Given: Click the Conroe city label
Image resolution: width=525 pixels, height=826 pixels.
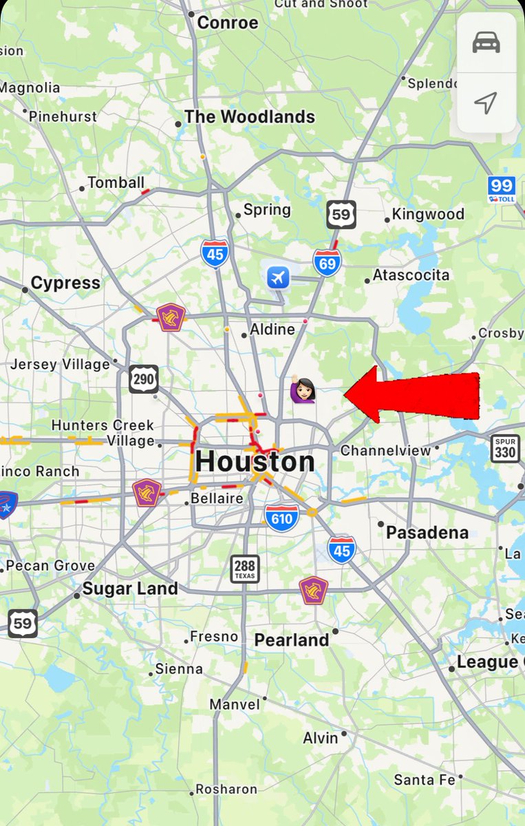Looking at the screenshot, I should [x=227, y=23].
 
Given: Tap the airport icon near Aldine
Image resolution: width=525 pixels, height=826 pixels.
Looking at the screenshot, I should [x=278, y=279].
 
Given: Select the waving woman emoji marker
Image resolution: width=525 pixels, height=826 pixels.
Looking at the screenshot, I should [x=302, y=390].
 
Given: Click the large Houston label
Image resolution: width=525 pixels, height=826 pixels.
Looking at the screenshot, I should [x=255, y=461].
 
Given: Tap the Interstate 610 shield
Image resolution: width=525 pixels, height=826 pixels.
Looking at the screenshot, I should [x=281, y=518].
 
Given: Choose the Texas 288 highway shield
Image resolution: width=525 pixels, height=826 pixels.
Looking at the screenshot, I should [x=244, y=569].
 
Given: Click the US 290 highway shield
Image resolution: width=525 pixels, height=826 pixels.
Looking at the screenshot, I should [x=143, y=379].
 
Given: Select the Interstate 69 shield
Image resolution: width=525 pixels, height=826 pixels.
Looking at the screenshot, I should [x=326, y=263].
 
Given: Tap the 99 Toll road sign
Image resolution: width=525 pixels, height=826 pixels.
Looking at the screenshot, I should [x=502, y=189].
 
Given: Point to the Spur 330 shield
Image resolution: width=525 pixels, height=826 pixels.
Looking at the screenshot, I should [x=504, y=449].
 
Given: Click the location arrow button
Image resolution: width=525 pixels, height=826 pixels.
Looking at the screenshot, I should [x=486, y=103].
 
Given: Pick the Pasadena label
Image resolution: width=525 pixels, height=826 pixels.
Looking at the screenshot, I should [x=427, y=532].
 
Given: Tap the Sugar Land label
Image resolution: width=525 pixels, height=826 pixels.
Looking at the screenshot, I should [x=130, y=589].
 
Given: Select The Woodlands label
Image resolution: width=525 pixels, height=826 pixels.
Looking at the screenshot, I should [x=249, y=117].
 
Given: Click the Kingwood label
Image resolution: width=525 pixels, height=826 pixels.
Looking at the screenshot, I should [x=428, y=214].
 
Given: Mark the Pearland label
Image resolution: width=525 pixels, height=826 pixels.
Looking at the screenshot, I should [x=292, y=640].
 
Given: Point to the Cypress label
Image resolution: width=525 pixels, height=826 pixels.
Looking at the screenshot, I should [x=65, y=283].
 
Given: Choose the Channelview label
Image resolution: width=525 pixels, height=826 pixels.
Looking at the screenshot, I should [x=385, y=451].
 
